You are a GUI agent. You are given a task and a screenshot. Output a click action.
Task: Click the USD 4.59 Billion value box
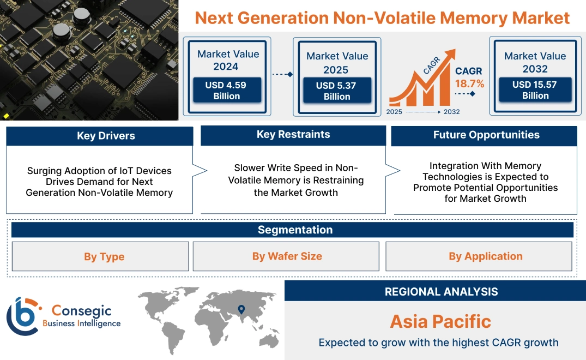point(226,91)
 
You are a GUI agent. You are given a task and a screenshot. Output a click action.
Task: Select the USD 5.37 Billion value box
point(337,91)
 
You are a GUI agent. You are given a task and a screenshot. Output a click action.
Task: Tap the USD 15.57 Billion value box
point(535,90)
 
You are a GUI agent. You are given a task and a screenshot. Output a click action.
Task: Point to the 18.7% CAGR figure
point(469,83)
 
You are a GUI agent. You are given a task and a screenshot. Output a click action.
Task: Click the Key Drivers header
point(106,136)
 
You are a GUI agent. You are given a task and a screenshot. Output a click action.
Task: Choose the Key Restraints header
point(293,135)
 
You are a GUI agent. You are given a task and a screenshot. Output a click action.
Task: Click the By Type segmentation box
point(104,256)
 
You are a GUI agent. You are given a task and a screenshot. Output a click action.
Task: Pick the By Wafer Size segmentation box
point(287,256)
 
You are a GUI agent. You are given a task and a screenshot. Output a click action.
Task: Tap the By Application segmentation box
point(485,256)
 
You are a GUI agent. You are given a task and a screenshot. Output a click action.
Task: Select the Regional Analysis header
point(441,291)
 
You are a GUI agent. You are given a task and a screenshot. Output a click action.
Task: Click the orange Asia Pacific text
point(440,321)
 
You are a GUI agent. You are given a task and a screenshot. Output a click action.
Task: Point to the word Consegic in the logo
point(81,311)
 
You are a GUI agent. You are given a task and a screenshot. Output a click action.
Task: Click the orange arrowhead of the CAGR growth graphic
point(450,55)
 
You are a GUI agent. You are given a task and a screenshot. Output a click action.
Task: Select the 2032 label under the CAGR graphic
point(451,112)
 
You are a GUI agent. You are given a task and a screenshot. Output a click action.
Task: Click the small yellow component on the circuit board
point(7,116)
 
